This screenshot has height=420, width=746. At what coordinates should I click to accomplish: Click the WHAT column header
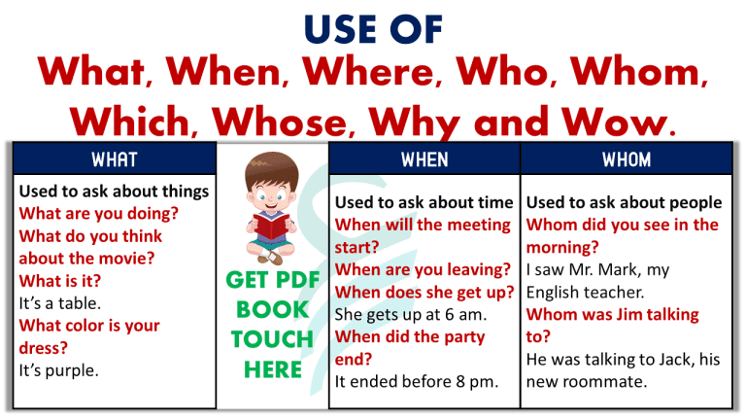pos(114,158)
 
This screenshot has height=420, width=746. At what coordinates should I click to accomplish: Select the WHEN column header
pos(424,158)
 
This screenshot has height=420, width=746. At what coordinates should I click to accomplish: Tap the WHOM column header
pos(627,158)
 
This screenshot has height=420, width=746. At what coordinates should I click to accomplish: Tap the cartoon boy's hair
pos(273,166)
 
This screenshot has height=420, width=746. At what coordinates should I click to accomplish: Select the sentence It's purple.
pos(60,369)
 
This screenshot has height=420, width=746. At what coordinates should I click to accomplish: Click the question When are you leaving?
pos(423,269)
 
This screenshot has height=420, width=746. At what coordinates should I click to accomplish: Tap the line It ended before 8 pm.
pos(417,381)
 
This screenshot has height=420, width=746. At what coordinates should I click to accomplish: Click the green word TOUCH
pos(272,339)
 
